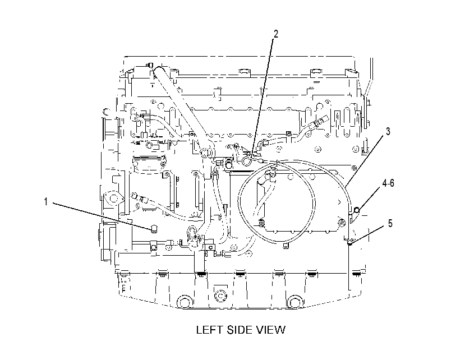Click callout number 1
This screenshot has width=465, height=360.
coord(45,202)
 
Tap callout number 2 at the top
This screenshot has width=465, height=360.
coord(276,34)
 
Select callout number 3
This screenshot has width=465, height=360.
coord(388,131)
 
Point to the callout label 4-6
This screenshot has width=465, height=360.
coord(388,183)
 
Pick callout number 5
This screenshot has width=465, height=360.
coord(390,223)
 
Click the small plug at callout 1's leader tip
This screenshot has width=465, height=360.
coord(154,229)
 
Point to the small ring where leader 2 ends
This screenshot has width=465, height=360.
coord(246,161)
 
